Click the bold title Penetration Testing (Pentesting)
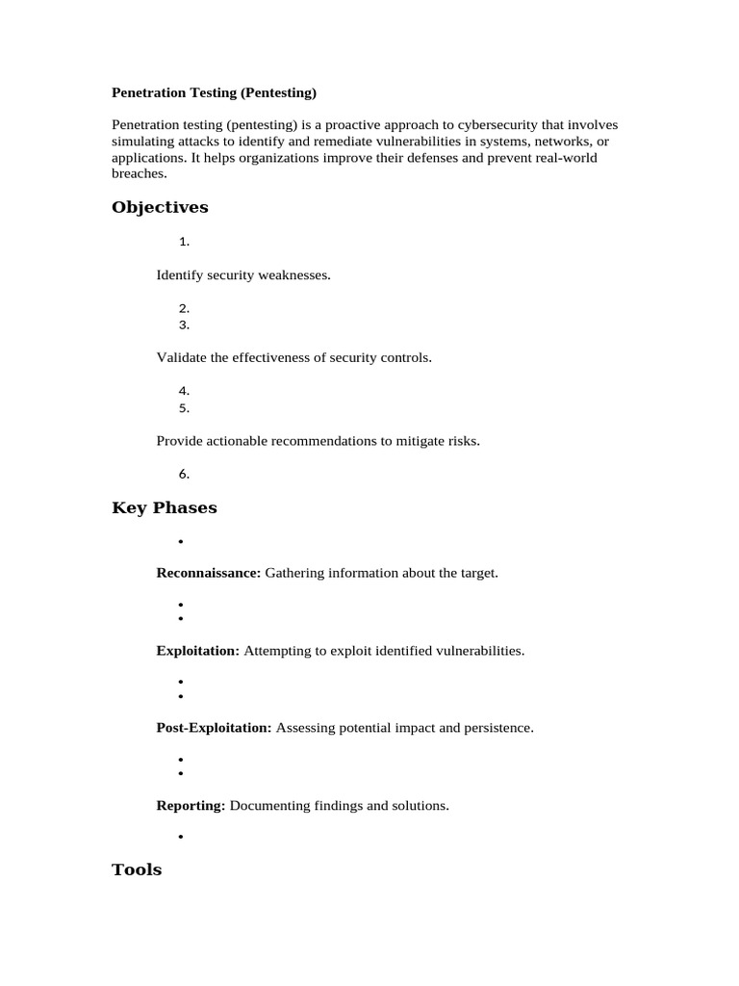[x=214, y=93]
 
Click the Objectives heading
[x=160, y=207]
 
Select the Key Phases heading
[x=165, y=507]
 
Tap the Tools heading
[x=137, y=869]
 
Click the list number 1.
[x=183, y=243]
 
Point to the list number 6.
[x=184, y=474]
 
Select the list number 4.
[x=184, y=391]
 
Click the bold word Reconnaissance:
[x=209, y=573]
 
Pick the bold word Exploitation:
[x=198, y=651]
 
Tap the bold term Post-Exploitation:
[x=215, y=728]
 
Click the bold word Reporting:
[x=191, y=805]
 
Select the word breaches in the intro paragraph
[x=139, y=174]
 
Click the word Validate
[x=182, y=358]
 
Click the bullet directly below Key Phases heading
[x=180, y=542]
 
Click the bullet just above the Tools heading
[x=180, y=837]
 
